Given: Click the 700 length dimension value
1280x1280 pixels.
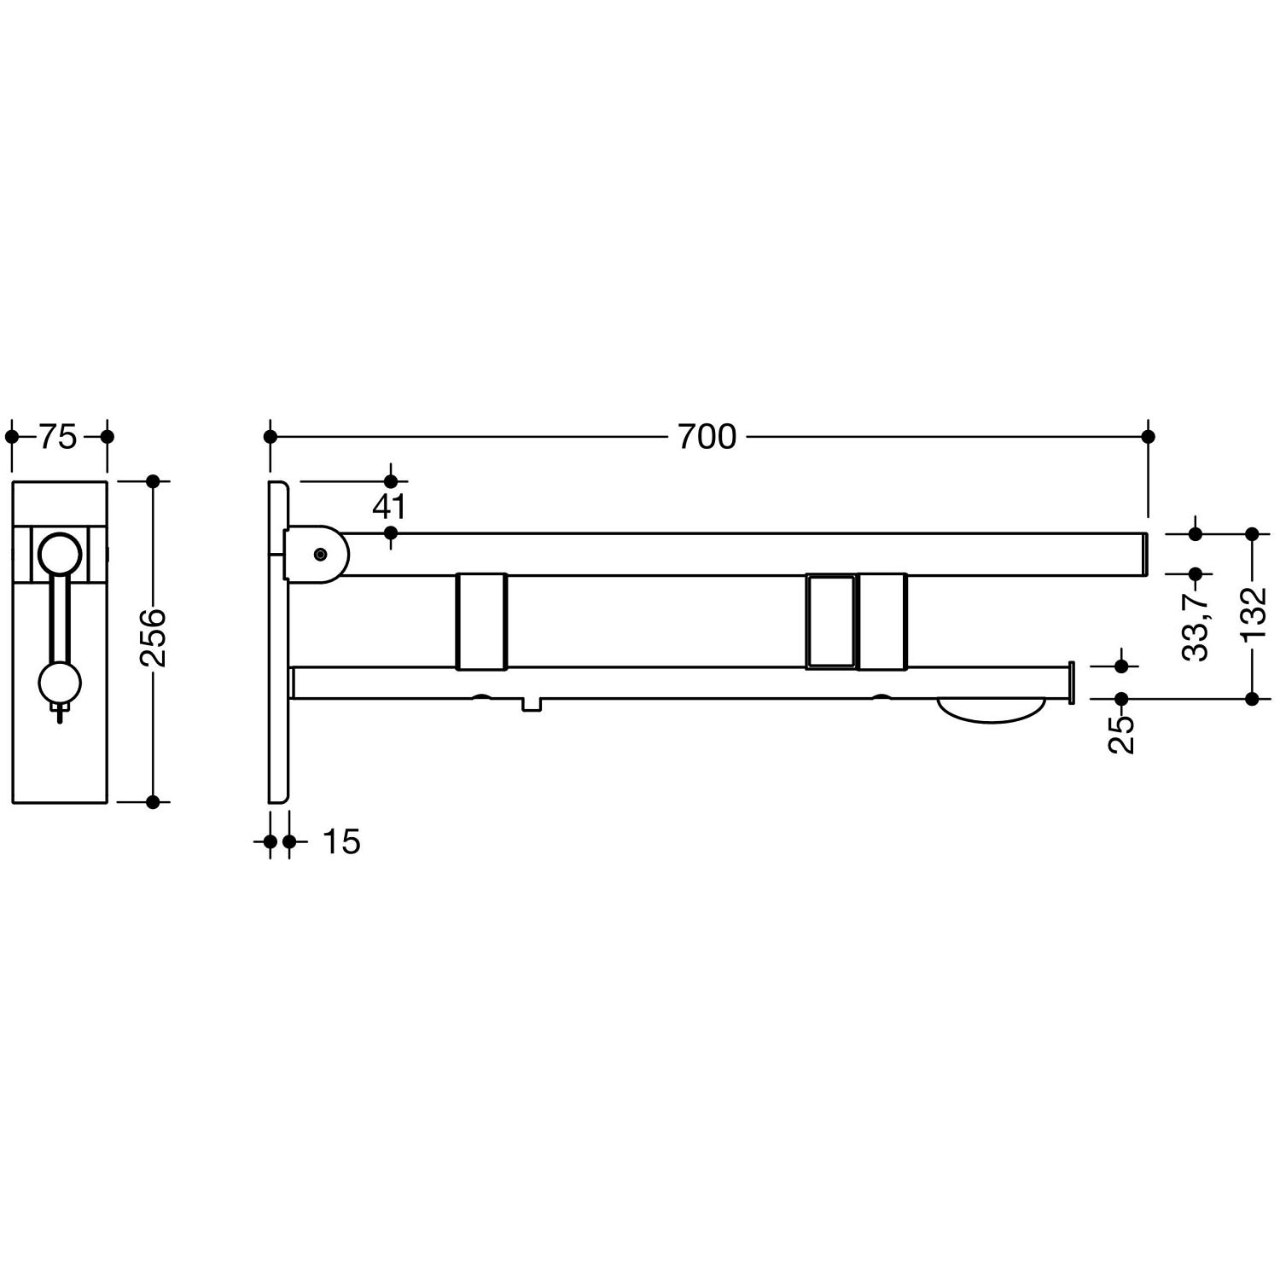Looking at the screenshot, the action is (707, 437).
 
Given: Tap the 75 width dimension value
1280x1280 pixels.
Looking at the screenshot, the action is (58, 437).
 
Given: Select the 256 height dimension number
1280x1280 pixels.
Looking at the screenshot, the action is (154, 637).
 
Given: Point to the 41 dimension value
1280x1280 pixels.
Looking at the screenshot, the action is (389, 507).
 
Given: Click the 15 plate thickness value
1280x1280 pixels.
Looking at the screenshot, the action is (342, 842).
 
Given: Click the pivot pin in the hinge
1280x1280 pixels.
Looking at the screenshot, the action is (320, 555).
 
